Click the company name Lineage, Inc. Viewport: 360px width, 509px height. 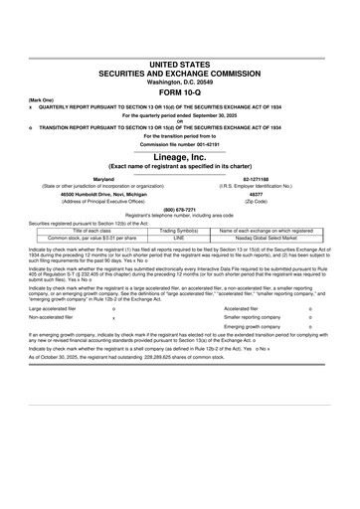pyautogui.click(x=180, y=172)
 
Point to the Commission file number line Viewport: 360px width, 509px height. pyautogui.click(x=180, y=158)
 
